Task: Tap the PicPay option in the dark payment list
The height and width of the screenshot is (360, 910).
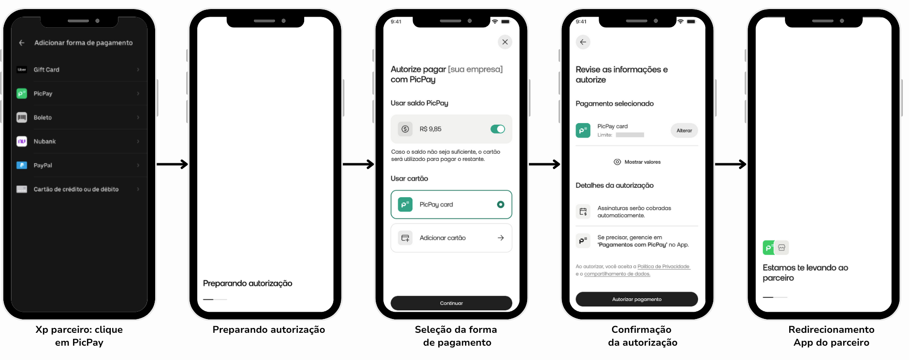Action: pos(43,94)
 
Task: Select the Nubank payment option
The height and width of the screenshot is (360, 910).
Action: pos(44,141)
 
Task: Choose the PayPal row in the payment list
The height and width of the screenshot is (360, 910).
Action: pos(43,165)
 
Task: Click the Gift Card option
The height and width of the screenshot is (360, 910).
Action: pos(46,70)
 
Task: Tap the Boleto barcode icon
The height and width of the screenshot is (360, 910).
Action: pos(22,117)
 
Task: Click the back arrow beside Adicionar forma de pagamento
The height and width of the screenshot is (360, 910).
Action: pos(22,43)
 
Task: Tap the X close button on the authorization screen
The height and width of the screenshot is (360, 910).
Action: pos(505,42)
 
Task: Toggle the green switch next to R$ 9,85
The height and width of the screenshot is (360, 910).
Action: pos(497,129)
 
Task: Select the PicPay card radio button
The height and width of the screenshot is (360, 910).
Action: pos(500,204)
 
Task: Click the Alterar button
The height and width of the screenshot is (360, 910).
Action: pos(684,130)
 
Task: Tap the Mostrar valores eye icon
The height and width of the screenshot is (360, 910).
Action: pos(617,162)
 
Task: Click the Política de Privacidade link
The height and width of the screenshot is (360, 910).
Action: pos(663,266)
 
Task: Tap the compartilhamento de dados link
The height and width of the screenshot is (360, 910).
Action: pos(617,274)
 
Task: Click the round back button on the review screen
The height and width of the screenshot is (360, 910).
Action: pos(583,42)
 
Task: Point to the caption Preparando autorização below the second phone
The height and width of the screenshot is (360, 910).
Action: pos(269,329)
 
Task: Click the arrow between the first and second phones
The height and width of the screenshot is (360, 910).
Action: pos(172,164)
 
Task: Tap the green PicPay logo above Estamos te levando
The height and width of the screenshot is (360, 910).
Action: pos(768,247)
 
